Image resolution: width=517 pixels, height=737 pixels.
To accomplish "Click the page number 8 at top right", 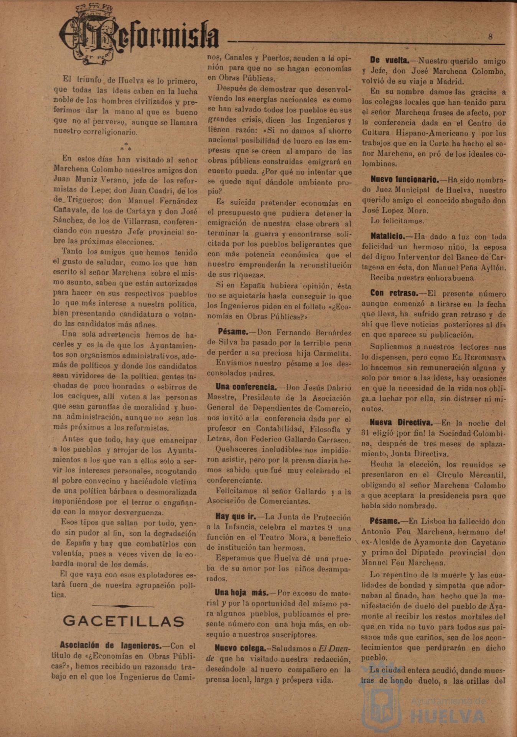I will [491, 37].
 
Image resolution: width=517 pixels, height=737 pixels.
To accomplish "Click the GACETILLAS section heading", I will [123, 621].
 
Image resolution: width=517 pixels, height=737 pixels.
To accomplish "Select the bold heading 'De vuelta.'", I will [390, 60].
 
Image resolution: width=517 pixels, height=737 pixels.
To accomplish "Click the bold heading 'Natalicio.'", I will [388, 236].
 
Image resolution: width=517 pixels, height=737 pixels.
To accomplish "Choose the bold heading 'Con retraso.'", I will [394, 293].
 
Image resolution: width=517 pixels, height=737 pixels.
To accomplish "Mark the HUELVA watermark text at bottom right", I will [447, 716].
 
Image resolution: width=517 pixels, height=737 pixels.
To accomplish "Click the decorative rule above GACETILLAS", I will [123, 606].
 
